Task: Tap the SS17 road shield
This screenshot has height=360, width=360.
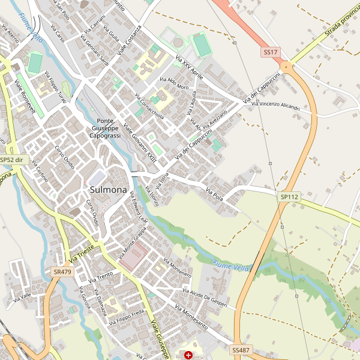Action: point(270,53)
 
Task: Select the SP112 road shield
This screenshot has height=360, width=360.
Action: point(289,196)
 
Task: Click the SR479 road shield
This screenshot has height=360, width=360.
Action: point(62,272)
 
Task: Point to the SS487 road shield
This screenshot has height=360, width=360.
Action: point(241,349)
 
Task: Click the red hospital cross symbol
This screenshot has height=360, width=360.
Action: point(190,355)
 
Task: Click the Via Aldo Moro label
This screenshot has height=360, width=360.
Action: point(174,83)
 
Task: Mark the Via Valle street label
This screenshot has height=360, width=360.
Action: point(22,296)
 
